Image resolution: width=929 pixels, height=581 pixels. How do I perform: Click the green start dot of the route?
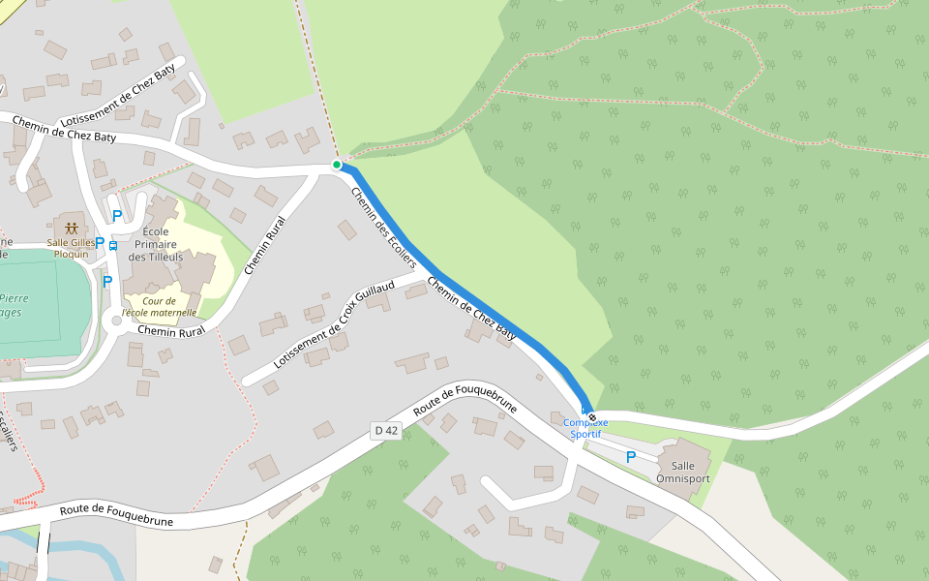pyautogui.click(x=337, y=165)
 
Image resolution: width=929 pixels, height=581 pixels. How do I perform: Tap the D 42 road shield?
pyautogui.click(x=385, y=430)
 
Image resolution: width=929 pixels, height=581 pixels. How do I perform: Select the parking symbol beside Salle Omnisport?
pyautogui.click(x=631, y=457)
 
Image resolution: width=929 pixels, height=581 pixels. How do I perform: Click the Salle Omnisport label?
pyautogui.click(x=682, y=472)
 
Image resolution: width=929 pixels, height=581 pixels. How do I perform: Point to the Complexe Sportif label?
pyautogui.click(x=585, y=428)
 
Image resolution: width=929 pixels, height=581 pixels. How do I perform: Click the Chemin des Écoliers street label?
pyautogui.click(x=383, y=227)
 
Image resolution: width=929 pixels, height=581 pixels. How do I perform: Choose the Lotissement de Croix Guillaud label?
pyautogui.click(x=334, y=325)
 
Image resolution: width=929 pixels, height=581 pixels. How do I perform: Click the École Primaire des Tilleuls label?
pyautogui.click(x=156, y=244)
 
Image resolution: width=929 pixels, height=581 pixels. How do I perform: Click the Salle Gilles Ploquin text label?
pyautogui.click(x=72, y=248)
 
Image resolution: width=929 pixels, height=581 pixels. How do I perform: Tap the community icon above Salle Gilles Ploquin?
pyautogui.click(x=72, y=229)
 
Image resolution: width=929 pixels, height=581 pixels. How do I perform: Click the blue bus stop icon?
pyautogui.click(x=113, y=245)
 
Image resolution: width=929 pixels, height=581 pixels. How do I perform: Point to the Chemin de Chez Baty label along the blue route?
pyautogui.click(x=471, y=308)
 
